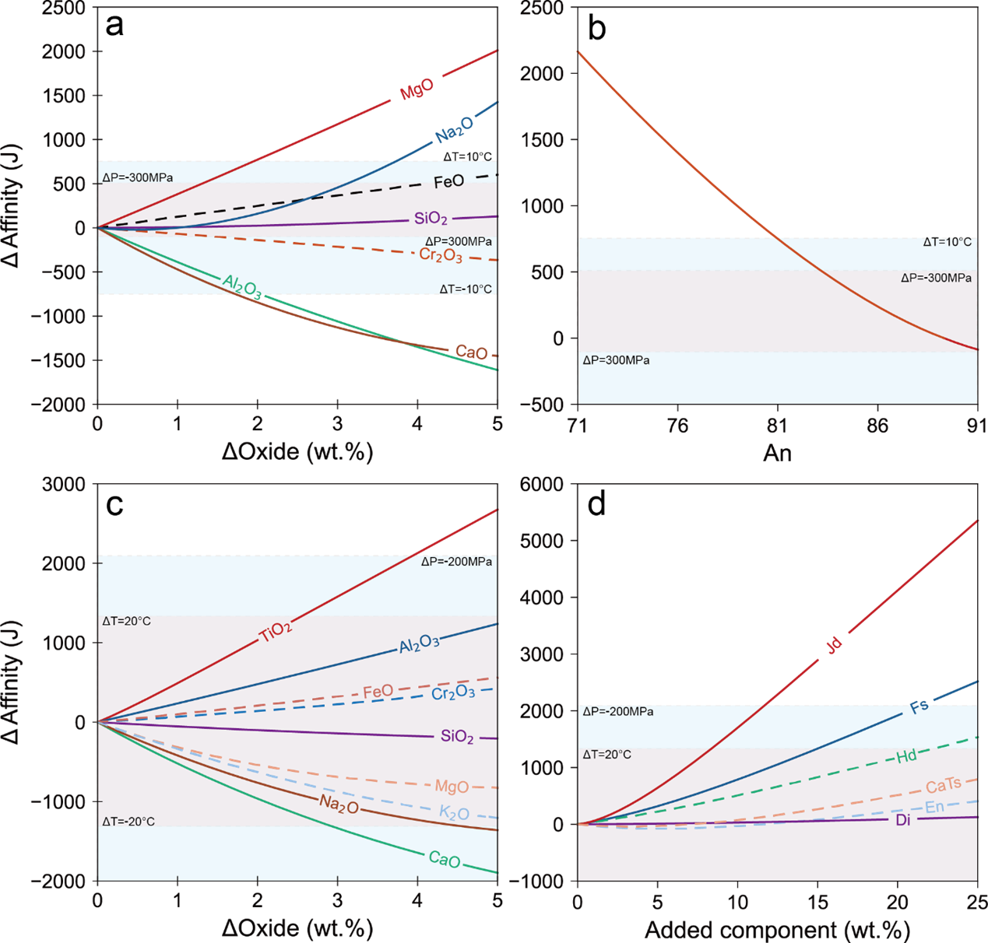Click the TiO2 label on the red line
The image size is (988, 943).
[x=276, y=632]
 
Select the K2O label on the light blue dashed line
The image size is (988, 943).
[x=454, y=813]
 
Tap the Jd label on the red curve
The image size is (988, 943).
[x=834, y=645]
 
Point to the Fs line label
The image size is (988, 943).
[x=919, y=706]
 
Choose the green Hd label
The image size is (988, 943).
[x=906, y=755]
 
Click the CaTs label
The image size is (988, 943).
[x=943, y=786]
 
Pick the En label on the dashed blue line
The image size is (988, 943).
[x=934, y=808]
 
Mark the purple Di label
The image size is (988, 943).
[x=903, y=819]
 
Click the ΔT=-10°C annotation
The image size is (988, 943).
[x=466, y=289]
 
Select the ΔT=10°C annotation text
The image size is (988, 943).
[x=947, y=242]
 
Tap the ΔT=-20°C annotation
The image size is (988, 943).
[x=128, y=822]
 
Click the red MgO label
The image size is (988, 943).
[x=417, y=89]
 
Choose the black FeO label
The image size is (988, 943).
[x=448, y=182]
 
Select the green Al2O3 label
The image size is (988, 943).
[x=242, y=286]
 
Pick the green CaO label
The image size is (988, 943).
[x=445, y=860]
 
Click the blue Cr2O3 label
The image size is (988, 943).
[x=453, y=692]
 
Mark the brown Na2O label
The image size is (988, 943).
[x=339, y=805]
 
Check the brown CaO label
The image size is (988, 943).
[x=471, y=352]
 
